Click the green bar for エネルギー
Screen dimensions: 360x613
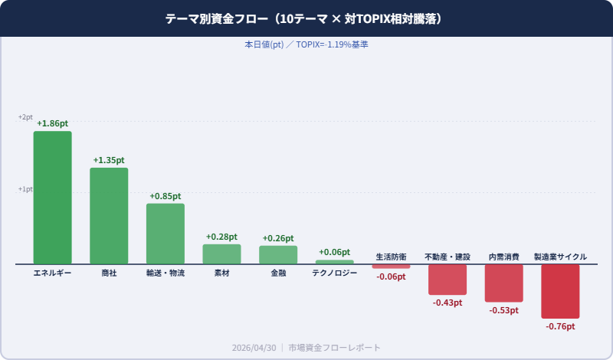click(x=52, y=198)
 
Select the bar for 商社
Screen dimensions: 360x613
click(x=109, y=216)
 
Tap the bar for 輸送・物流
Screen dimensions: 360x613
click(x=166, y=234)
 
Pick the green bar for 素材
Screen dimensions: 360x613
click(x=221, y=254)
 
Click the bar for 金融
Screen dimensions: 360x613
click(x=278, y=255)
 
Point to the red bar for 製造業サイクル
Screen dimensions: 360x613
click(x=560, y=291)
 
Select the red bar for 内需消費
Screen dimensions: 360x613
click(x=503, y=283)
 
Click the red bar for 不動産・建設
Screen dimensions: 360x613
click(x=447, y=280)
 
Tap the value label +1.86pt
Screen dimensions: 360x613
click(x=52, y=123)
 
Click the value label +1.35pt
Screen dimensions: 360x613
click(x=109, y=160)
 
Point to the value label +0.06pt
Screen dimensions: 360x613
click(x=334, y=252)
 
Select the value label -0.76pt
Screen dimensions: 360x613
click(x=560, y=326)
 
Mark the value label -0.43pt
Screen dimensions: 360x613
click(x=447, y=303)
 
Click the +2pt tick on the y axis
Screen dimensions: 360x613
click(x=25, y=117)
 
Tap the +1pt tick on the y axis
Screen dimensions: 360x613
click(x=25, y=189)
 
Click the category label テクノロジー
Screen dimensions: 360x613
click(x=334, y=273)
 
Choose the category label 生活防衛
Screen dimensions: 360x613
click(x=391, y=257)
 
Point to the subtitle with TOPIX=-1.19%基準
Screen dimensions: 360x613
click(x=306, y=44)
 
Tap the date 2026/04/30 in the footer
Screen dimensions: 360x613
click(x=254, y=348)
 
